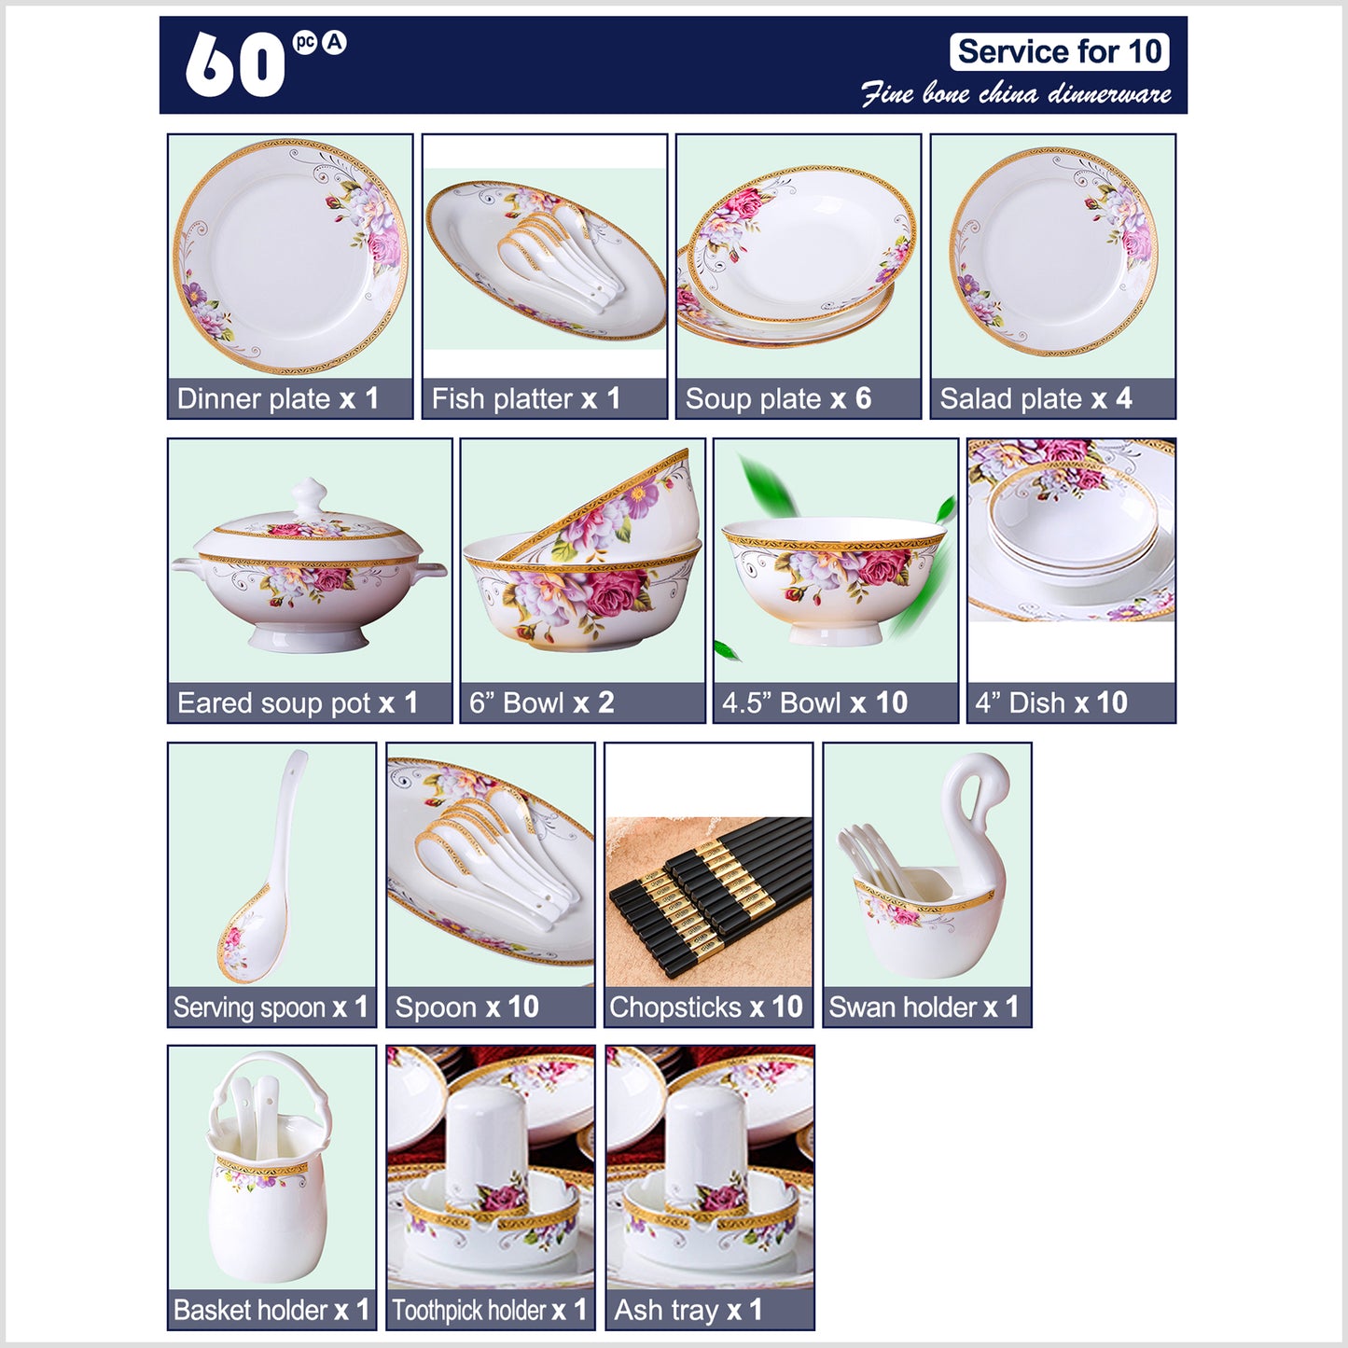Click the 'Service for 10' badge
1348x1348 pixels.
click(x=1059, y=51)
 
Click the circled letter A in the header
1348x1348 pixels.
click(x=334, y=43)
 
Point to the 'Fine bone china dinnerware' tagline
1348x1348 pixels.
click(x=1016, y=93)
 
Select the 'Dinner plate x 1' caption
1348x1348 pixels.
click(x=278, y=398)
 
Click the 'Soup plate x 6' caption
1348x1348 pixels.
click(x=778, y=398)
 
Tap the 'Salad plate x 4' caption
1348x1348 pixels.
click(x=1035, y=398)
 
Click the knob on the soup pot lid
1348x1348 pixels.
click(x=309, y=496)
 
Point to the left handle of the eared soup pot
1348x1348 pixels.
click(x=188, y=568)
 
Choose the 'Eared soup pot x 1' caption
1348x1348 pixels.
click(x=298, y=702)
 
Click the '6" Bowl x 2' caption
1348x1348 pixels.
click(x=541, y=702)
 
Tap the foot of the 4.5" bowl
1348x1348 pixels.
click(x=835, y=633)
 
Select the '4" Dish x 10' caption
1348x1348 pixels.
click(x=1050, y=702)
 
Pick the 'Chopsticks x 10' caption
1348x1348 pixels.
click(x=706, y=1008)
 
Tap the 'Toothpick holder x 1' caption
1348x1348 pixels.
click(x=488, y=1311)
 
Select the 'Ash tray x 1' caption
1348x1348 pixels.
click(x=688, y=1311)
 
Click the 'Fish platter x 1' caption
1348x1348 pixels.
click(x=525, y=398)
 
